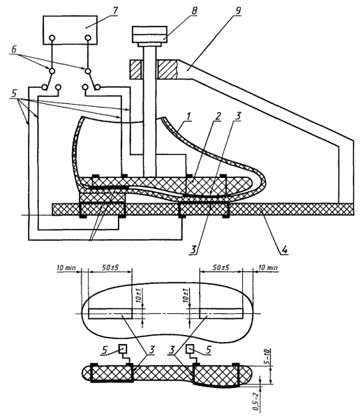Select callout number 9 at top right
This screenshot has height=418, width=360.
click(238, 10)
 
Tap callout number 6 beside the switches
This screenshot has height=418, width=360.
click(14, 50)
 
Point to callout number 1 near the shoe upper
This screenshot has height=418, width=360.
click(189, 117)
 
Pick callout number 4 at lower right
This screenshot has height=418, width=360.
click(285, 250)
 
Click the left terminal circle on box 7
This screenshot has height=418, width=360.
click(52, 38)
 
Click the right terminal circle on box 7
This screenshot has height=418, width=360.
click(88, 38)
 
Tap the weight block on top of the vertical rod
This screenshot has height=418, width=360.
click(150, 34)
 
